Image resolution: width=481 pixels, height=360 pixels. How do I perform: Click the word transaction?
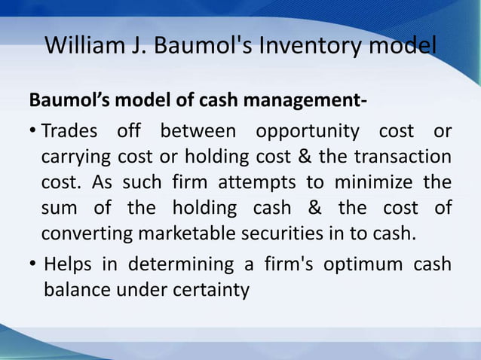click(x=406, y=157)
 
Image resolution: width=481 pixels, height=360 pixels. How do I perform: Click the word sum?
click(x=57, y=208)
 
